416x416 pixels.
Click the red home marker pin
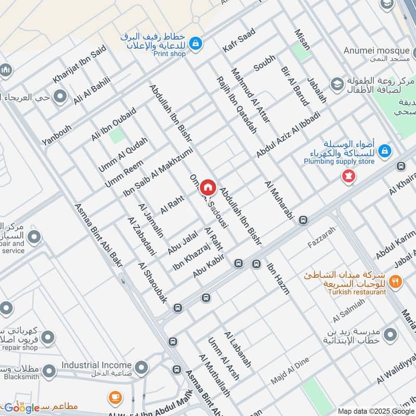tap(208, 187)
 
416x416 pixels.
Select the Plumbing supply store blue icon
tap(384, 151)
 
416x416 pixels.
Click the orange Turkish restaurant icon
tap(396, 282)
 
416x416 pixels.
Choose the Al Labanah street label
tap(238, 349)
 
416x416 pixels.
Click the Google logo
tap(22, 408)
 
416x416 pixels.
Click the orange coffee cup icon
tap(115, 398)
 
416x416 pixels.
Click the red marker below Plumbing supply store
tap(348, 177)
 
